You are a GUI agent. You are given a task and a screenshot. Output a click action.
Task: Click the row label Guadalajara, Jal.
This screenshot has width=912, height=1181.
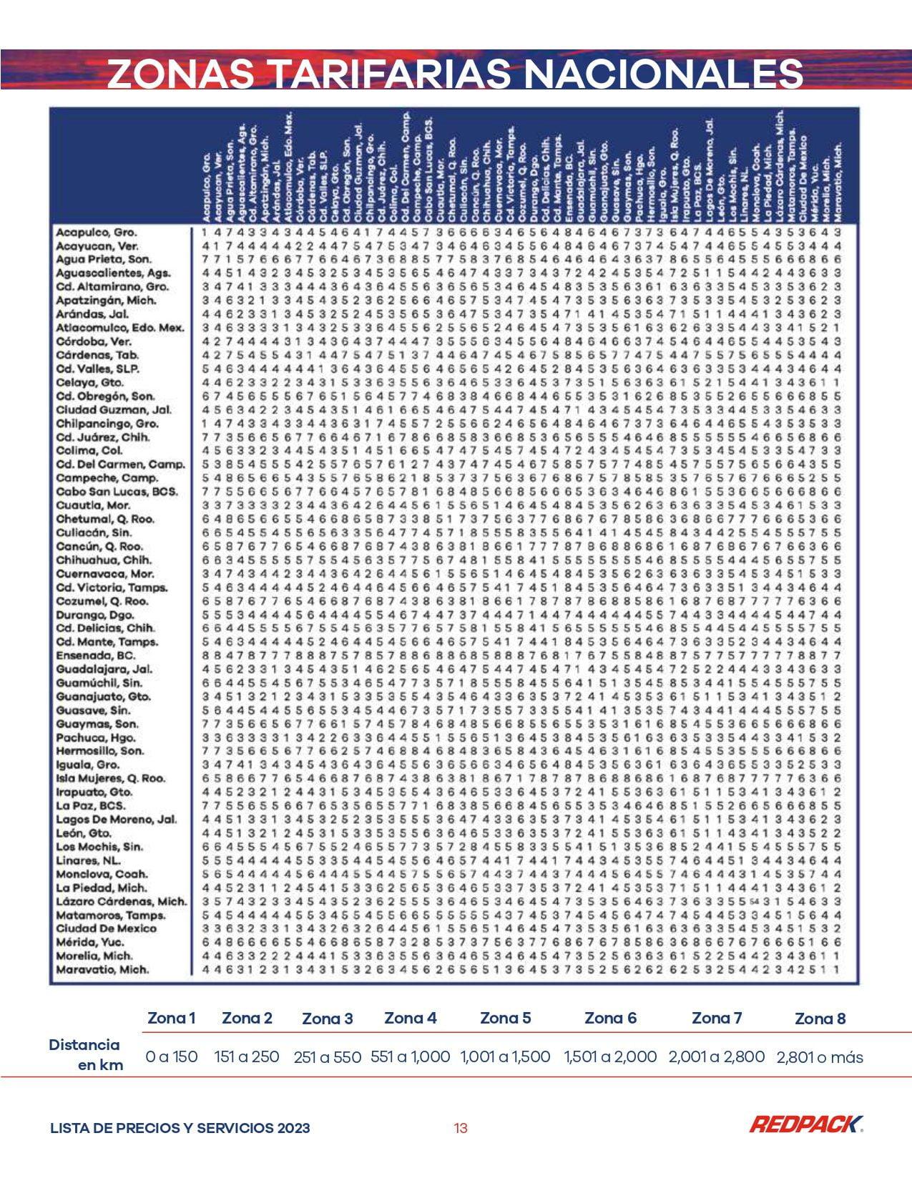click(104, 669)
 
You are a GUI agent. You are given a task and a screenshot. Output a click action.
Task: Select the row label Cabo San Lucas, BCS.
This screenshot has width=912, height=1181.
click(117, 492)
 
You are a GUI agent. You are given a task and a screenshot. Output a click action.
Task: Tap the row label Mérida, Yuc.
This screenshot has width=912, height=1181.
click(90, 942)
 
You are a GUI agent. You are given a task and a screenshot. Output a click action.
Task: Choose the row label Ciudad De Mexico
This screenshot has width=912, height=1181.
click(106, 928)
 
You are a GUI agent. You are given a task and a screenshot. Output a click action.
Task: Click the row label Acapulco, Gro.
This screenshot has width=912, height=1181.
click(97, 233)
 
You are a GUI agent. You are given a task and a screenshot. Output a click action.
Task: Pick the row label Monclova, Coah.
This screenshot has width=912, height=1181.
click(102, 874)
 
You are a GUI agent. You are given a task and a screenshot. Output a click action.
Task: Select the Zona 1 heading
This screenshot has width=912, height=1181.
click(171, 1018)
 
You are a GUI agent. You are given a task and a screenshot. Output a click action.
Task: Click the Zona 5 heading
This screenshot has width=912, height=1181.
click(505, 1018)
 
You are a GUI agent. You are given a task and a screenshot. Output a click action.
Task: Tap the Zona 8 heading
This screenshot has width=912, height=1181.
click(820, 1019)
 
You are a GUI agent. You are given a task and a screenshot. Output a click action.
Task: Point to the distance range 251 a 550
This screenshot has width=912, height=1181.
click(327, 1057)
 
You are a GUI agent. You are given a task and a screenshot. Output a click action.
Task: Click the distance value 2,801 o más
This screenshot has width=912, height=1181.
click(820, 1057)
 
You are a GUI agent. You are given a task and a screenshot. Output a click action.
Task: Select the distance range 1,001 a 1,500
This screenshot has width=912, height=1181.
click(505, 1056)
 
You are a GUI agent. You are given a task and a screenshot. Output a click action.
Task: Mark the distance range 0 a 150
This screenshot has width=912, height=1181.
click(171, 1056)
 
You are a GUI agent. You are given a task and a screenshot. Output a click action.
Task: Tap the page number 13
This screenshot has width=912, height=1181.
click(461, 1128)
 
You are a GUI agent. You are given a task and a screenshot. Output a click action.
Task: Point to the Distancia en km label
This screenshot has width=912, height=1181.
click(86, 1054)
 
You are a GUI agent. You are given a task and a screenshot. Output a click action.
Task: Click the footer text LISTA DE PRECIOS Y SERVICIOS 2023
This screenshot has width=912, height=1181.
click(180, 1128)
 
